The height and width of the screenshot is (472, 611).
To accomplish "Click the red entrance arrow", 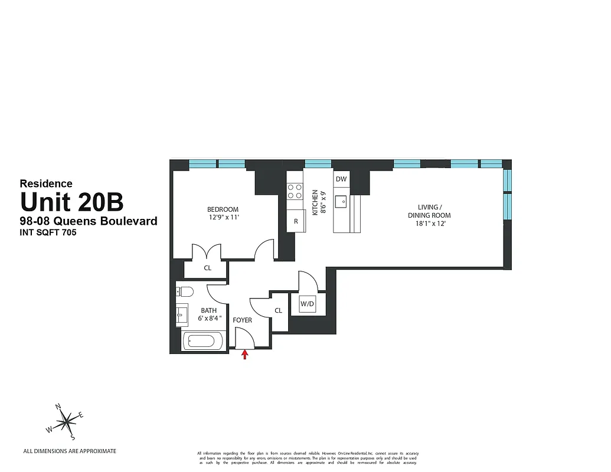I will [x=244, y=354].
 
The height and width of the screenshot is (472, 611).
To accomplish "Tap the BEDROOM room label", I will [x=223, y=209].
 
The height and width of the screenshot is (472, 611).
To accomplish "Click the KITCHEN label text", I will [x=315, y=202].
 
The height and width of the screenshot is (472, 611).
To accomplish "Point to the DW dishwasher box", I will [x=341, y=179].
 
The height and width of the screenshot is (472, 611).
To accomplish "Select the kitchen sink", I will [x=341, y=202].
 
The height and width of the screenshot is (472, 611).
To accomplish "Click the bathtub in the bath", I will [x=203, y=341].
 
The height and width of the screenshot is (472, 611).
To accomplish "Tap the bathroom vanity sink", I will [x=182, y=315].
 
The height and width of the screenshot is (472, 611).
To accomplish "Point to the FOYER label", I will [x=242, y=320].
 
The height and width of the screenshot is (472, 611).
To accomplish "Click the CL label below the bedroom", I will [x=207, y=268].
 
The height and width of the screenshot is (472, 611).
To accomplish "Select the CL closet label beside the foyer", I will [x=278, y=310].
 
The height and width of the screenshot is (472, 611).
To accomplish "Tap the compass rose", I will [x=67, y=421].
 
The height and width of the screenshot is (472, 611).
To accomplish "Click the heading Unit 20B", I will [x=72, y=202].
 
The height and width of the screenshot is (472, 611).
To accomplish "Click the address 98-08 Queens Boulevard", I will [x=89, y=221].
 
